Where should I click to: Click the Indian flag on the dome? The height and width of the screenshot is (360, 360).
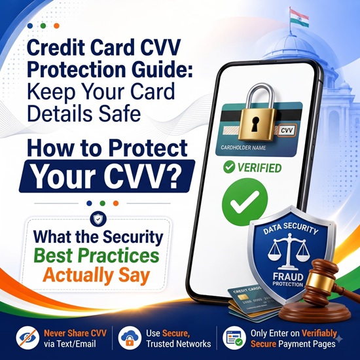click(x=299, y=18)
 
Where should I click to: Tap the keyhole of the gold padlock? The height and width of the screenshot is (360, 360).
click(x=255, y=123)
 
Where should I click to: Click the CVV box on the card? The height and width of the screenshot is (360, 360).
click(x=287, y=131)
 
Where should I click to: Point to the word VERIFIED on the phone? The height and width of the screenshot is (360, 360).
click(x=259, y=168)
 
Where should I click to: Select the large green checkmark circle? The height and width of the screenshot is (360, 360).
click(x=245, y=202)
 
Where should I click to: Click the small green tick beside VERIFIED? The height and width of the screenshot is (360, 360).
click(x=229, y=167)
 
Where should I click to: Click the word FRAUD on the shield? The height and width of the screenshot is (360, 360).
click(x=288, y=277)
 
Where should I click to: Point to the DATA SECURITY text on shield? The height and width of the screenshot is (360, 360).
click(x=290, y=228)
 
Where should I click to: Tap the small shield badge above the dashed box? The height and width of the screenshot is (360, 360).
click(x=98, y=219)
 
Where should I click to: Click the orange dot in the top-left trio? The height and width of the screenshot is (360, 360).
click(x=56, y=26)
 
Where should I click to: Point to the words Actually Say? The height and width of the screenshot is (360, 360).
click(x=96, y=276)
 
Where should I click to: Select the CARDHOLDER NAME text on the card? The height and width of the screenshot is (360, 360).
click(x=243, y=148)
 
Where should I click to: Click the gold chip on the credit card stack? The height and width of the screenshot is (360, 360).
click(x=241, y=298)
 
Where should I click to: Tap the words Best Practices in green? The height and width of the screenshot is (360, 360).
click(x=96, y=255)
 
